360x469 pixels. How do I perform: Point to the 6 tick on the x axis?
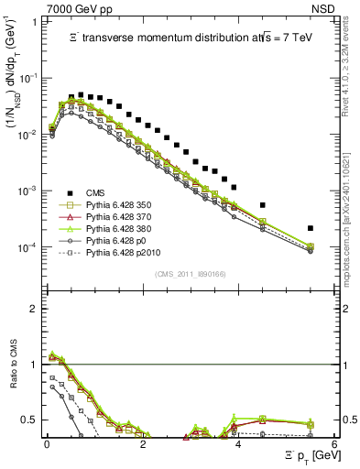click(334, 443)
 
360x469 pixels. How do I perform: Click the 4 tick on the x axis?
click(238, 443)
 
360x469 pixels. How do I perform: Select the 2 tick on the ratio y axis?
click(33, 309)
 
